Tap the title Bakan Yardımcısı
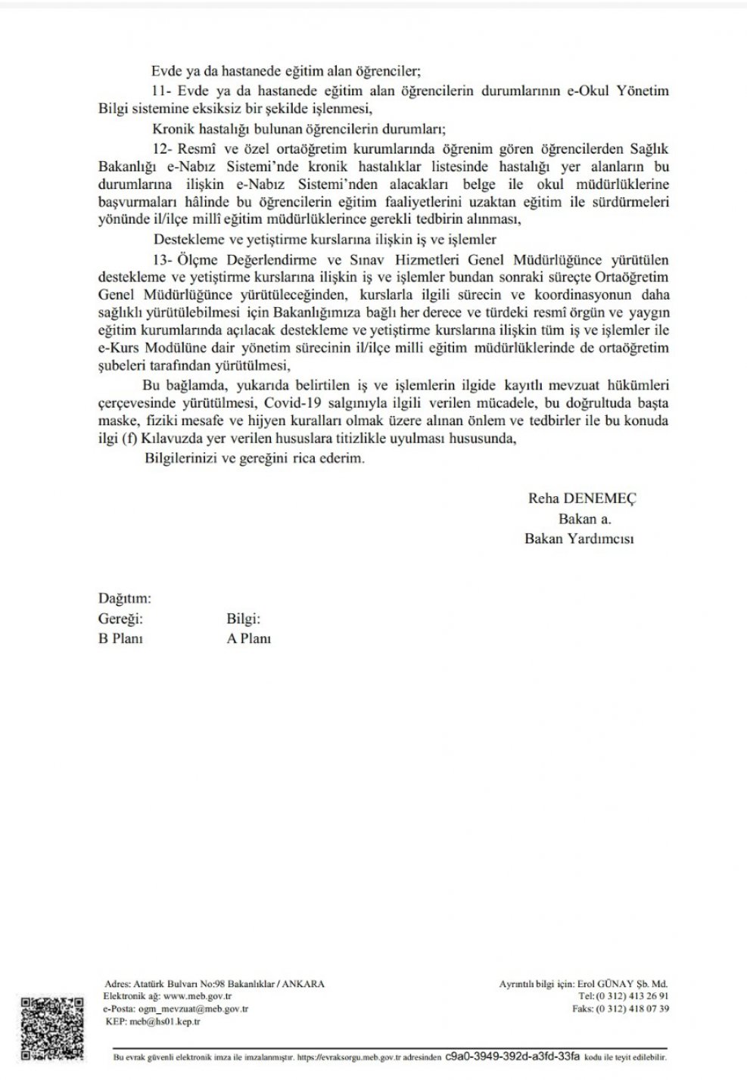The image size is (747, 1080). (x=579, y=538)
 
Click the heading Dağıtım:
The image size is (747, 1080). (x=125, y=598)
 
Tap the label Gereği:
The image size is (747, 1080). (x=120, y=618)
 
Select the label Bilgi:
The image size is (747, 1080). (x=244, y=618)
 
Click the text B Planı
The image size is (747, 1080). (x=121, y=638)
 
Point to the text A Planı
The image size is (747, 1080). (x=249, y=638)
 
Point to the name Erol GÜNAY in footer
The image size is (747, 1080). (x=605, y=984)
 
